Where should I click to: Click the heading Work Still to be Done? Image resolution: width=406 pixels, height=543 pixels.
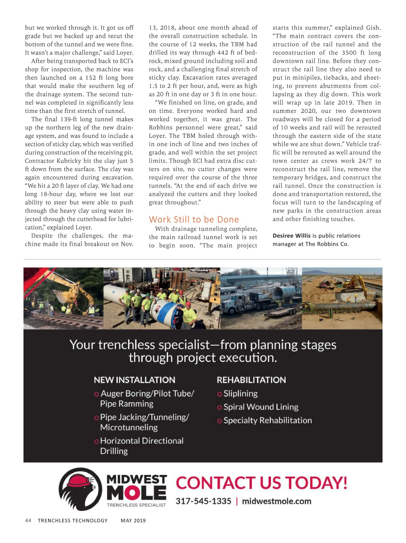coord(194,219)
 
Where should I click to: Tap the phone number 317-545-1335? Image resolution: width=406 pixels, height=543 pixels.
coord(203,501)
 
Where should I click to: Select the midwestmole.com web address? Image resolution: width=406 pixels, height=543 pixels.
coord(276,501)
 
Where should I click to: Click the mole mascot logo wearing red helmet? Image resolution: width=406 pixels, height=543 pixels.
coord(80,489)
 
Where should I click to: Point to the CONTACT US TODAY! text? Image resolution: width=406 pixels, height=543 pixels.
coord(262,482)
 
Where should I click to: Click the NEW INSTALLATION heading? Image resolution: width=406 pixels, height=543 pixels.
coord(134,380)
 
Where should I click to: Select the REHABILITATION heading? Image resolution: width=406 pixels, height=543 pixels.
coord(251,380)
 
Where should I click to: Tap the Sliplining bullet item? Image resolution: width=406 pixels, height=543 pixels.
coord(240,394)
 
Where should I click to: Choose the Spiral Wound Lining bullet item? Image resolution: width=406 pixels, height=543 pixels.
coord(261,407)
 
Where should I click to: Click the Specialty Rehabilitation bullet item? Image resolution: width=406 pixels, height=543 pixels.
coord(267,421)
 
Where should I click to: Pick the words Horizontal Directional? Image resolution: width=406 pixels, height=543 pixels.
coord(142,441)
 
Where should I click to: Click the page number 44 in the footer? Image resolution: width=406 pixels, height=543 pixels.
coord(28,521)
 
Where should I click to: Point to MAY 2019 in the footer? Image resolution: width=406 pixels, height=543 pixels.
coord(133,521)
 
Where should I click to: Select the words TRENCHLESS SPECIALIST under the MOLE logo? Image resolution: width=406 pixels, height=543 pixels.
coord(136,505)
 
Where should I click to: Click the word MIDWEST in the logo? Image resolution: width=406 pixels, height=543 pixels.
coord(137,479)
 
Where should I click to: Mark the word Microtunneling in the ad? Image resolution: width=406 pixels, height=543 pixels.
coord(129,427)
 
